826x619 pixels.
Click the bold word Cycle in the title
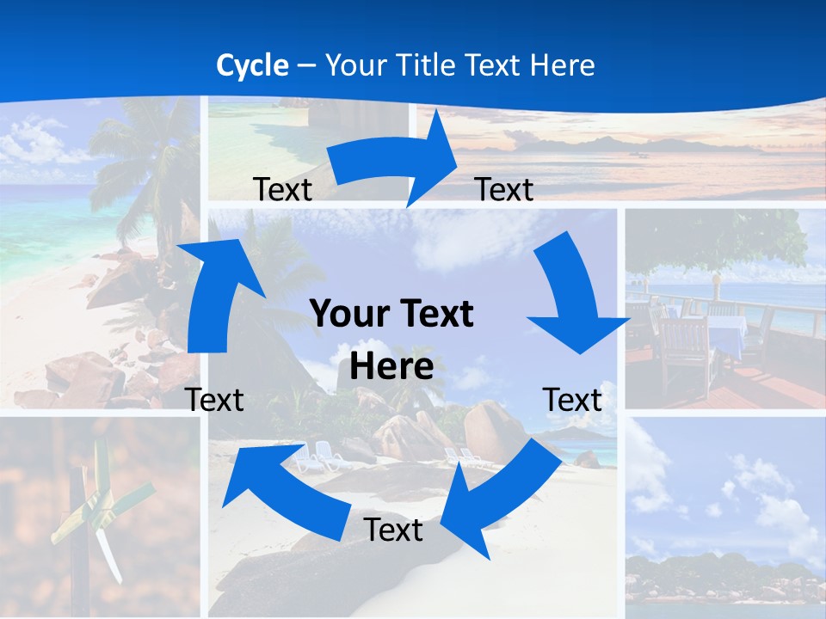(x=252, y=65)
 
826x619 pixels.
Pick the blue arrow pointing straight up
(x=215, y=292)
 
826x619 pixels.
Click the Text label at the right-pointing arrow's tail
(x=282, y=189)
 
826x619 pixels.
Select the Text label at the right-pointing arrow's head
(x=504, y=189)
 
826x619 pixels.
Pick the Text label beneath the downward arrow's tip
(x=572, y=400)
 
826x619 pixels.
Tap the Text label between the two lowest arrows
(x=393, y=530)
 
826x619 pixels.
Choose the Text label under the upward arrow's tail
(x=214, y=400)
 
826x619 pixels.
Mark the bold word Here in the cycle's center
(x=391, y=367)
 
